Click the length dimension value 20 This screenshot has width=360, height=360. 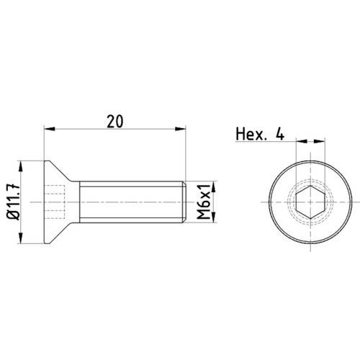click(115, 122)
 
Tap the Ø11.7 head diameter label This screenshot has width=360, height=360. click(14, 202)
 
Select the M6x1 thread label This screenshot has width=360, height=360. click(204, 202)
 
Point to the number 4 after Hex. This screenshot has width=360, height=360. click(280, 134)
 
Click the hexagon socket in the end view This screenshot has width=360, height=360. click(310, 202)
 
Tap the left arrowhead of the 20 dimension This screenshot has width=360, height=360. click(50, 129)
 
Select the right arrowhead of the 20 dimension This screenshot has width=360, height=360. click(181, 129)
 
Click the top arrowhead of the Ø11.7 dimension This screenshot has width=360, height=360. click(21, 166)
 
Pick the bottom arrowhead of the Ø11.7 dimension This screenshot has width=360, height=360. click(21, 238)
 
